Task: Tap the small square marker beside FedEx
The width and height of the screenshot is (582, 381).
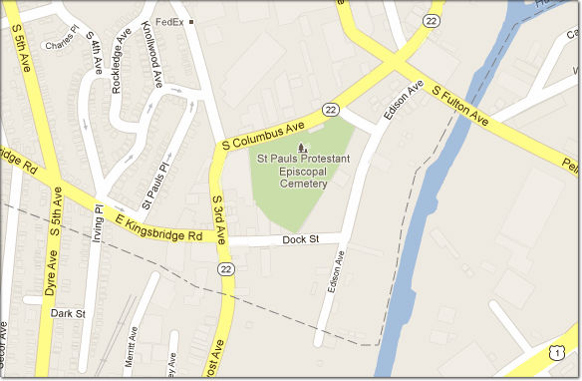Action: click(191, 21)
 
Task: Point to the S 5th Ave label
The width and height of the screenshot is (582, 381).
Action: click(19, 46)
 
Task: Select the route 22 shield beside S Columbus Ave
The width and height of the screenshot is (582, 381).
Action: click(331, 108)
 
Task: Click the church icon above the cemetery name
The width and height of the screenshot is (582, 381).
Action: click(303, 149)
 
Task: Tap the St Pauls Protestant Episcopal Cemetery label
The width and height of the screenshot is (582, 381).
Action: click(304, 172)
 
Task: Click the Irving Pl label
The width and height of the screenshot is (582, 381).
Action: click(98, 223)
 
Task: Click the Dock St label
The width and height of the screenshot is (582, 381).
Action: click(298, 240)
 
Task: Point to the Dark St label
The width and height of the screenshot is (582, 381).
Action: click(68, 313)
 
